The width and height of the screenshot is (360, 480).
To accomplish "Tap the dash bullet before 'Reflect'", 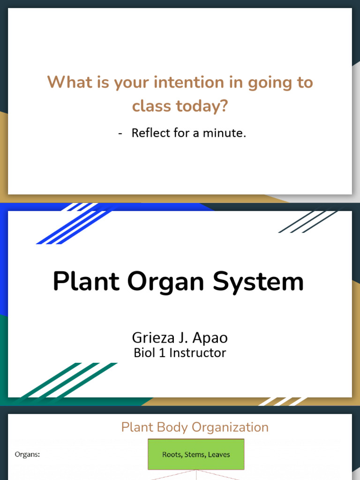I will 120,134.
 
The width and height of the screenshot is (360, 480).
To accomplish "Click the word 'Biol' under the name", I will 144,353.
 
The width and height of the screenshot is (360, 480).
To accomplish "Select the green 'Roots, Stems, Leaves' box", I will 196,454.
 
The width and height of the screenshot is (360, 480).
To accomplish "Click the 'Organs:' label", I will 27,454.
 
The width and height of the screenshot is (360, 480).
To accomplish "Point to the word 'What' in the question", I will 67,82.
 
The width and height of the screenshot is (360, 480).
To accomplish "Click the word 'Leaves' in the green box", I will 219,454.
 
